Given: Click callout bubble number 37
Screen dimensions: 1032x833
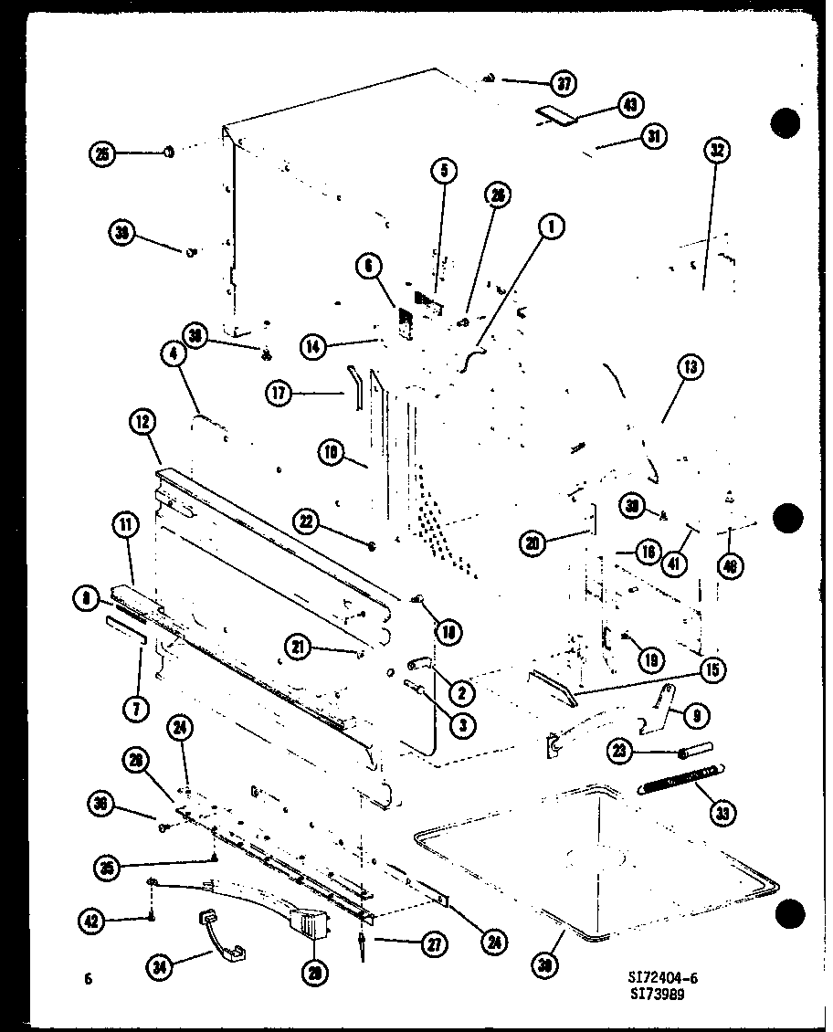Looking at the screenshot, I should click(x=564, y=83).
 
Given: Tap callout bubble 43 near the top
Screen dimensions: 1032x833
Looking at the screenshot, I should click(x=628, y=105).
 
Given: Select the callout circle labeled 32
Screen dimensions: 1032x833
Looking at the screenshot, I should click(x=716, y=151).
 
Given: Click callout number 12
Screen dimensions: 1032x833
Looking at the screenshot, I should click(x=143, y=422).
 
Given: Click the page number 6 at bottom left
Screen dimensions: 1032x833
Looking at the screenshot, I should click(x=88, y=979).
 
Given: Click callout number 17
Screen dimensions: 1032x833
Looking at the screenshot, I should click(x=279, y=395).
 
